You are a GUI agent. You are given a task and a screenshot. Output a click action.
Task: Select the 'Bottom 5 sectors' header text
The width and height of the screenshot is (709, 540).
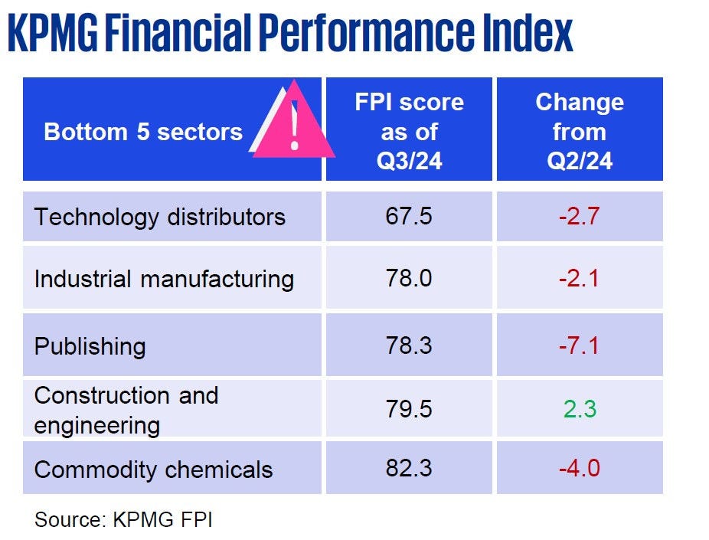[143, 132]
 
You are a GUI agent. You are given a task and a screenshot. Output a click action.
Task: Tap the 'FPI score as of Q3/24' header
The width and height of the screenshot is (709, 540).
[410, 132]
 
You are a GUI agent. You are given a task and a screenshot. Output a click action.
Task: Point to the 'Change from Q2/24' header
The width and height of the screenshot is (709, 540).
[580, 132]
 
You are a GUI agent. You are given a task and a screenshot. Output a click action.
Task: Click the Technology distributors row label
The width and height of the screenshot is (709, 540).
[159, 217]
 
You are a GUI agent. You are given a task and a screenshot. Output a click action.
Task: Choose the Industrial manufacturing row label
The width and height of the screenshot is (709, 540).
[164, 279]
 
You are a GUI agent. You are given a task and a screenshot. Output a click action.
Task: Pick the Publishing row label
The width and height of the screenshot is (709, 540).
[90, 346]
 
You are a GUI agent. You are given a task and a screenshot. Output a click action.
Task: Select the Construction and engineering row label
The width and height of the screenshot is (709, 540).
[126, 410]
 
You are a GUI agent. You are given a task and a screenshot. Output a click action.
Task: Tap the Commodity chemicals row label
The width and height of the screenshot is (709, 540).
[153, 469]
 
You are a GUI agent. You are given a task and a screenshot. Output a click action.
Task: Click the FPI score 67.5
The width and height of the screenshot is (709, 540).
[409, 216]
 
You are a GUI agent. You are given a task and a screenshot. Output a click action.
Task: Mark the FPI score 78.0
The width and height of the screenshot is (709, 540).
[409, 278]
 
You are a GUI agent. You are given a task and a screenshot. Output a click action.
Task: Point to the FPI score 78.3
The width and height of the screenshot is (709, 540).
[409, 345]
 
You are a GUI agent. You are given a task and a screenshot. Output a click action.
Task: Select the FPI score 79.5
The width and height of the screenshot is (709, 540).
[409, 409]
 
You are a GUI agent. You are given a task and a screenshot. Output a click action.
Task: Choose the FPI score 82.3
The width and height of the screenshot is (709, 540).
[409, 468]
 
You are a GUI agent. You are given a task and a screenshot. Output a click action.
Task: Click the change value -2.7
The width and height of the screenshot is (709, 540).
[579, 216]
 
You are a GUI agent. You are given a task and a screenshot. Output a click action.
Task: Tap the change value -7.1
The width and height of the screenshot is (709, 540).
[579, 345]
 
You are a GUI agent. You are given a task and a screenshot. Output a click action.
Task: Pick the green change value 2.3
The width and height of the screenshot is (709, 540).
[580, 409]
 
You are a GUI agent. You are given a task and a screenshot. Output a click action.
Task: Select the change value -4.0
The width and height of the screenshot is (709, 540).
[579, 468]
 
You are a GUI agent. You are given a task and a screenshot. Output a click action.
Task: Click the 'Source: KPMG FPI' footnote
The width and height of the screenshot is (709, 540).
[123, 520]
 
